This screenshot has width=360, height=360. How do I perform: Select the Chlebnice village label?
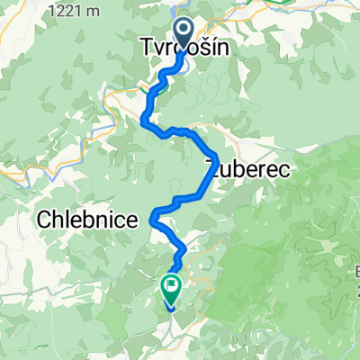[88, 220]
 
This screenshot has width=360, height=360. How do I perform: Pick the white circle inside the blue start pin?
[184, 31]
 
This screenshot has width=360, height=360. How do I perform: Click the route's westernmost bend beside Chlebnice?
[154, 214]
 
